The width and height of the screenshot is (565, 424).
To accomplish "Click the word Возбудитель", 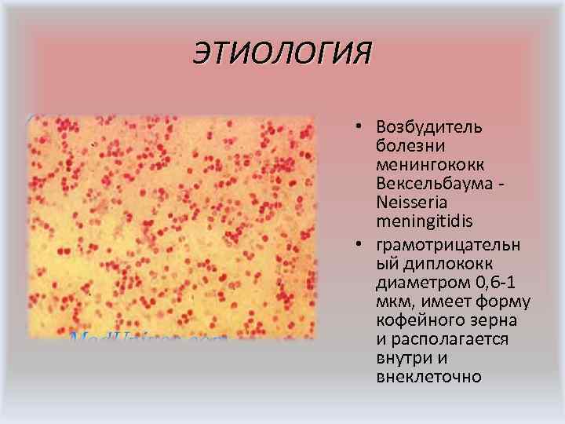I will [x=429, y=127].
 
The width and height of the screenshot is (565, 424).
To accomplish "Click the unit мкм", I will [x=392, y=302].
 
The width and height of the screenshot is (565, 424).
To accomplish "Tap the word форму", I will [x=508, y=302].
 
